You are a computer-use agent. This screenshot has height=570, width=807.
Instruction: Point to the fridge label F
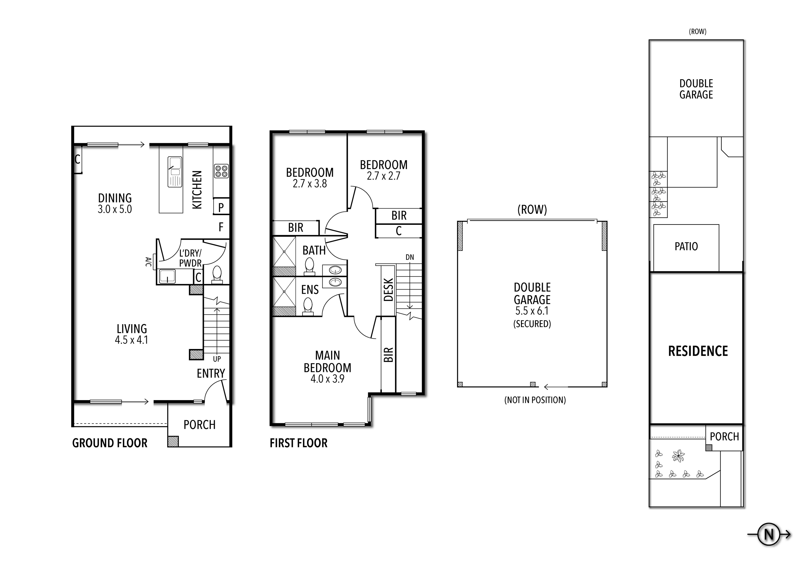pos(221,227)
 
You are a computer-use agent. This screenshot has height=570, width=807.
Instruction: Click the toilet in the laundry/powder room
pos(217,274)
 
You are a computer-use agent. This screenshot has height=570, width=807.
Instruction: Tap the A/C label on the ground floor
pos(148,262)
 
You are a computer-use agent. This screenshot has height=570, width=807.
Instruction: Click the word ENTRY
pos(211,373)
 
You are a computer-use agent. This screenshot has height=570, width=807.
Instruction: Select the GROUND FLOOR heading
pos(110,443)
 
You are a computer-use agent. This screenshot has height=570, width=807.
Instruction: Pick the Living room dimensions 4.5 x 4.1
pos(132,340)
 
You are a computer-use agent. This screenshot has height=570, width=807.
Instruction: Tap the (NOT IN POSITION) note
pos(535,400)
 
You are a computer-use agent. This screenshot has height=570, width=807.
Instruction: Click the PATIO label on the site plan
pos(686,246)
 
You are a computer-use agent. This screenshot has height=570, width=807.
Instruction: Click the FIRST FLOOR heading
pos(298,443)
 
